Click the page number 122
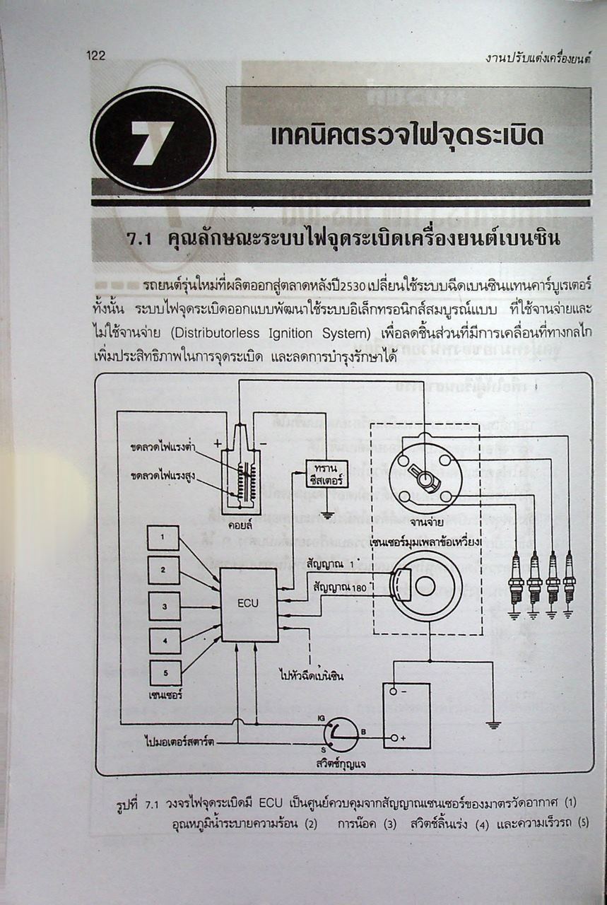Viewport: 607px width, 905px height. (x=95, y=56)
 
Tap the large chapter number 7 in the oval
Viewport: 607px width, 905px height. (x=153, y=139)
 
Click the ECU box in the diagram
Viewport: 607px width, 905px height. (x=249, y=605)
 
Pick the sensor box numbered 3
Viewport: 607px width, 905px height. (x=164, y=606)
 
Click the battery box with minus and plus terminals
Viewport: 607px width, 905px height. (x=406, y=715)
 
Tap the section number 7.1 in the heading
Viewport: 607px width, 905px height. (x=140, y=239)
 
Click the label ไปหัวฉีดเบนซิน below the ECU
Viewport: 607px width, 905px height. (x=311, y=675)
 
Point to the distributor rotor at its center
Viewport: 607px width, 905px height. (x=425, y=478)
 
